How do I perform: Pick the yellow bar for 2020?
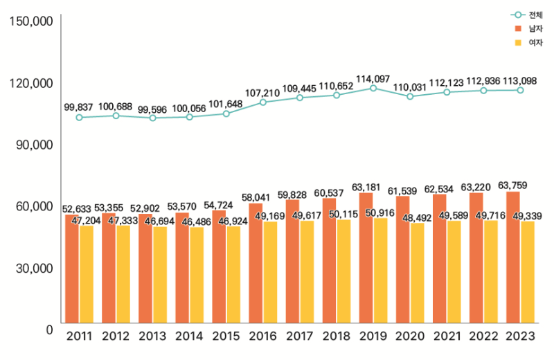(x=417, y=273)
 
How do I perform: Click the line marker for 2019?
(x=373, y=89)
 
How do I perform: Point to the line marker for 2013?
(x=152, y=118)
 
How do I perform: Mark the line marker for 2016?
(x=263, y=102)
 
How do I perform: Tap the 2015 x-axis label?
(x=226, y=337)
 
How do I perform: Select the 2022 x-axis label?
(x=483, y=337)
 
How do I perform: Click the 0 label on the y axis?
(x=49, y=330)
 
